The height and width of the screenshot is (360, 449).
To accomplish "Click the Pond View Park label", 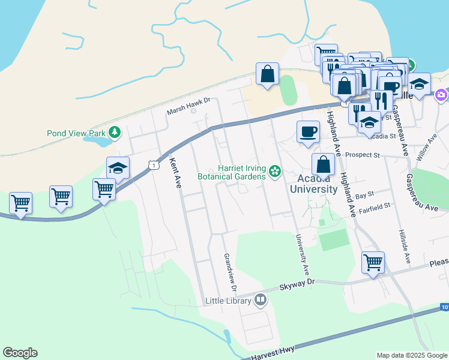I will tap(76, 133).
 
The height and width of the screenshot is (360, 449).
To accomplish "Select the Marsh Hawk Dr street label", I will tap(190, 106).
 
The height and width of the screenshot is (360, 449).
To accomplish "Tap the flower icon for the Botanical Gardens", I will tap(275, 172).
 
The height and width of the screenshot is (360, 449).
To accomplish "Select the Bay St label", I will tap(364, 195).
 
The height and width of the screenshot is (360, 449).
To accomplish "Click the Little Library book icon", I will tap(260, 299).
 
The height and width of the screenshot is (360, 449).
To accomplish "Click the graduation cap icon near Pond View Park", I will tap(118, 169).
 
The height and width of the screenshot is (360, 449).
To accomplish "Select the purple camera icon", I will tap(441, 94).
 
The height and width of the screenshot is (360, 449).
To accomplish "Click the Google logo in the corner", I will tap(20, 353).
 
